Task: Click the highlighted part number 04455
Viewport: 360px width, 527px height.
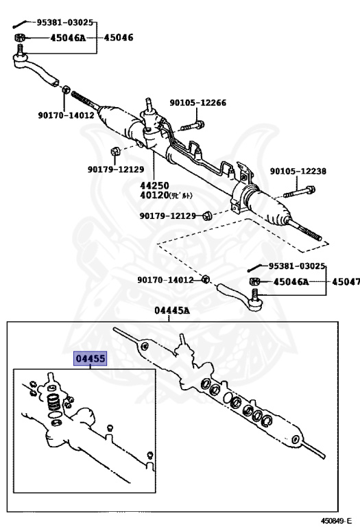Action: (x=90, y=360)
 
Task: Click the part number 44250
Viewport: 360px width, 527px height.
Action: (x=154, y=185)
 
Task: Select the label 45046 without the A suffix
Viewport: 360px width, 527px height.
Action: (x=119, y=38)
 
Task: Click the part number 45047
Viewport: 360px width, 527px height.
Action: (x=345, y=282)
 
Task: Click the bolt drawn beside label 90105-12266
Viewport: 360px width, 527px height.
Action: (x=194, y=126)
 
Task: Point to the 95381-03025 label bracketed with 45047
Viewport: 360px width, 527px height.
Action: (x=296, y=266)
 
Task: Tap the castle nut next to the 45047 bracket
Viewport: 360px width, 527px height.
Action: (x=254, y=282)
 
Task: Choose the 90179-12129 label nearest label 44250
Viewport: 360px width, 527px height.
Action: (x=115, y=169)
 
